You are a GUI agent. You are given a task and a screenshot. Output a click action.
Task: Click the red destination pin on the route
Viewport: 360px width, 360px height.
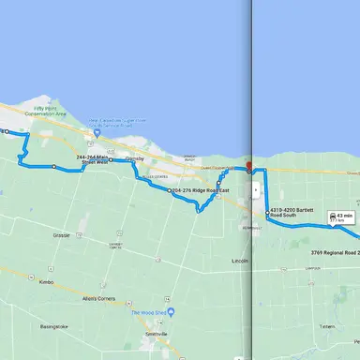click(247, 169)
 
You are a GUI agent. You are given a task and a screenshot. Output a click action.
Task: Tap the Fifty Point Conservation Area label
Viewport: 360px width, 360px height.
click(50, 112)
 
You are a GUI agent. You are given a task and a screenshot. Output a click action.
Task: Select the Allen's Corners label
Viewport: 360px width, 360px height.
click(97, 298)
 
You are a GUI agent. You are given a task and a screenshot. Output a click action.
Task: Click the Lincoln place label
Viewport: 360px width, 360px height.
click(240, 260)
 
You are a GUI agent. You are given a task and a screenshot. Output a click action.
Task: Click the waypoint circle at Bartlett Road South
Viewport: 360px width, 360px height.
click(267, 217)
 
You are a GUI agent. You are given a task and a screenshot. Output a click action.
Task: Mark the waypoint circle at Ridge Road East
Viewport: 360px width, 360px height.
click(169, 190)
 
